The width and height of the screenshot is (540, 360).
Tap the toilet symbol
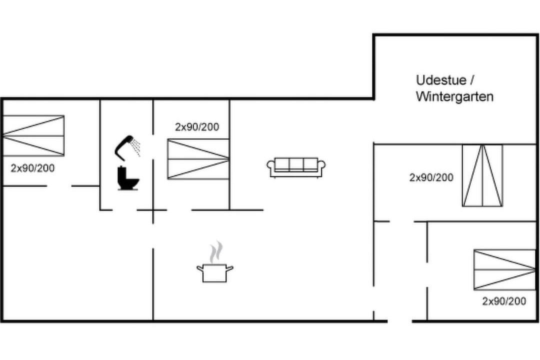point(128,178)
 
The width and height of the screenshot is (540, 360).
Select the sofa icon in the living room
point(296,167)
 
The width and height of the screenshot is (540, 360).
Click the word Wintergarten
point(454,96)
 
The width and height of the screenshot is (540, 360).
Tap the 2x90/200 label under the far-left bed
point(32,168)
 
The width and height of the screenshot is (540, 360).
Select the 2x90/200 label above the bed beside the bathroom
point(197,127)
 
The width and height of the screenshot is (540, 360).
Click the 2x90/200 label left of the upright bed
point(431,177)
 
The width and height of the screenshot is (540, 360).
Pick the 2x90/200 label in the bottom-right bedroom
point(504,301)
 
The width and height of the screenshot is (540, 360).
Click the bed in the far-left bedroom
point(33,135)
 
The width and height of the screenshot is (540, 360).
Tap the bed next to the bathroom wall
point(198,159)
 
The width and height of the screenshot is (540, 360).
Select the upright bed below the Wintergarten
point(482,175)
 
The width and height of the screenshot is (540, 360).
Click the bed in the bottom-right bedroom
point(505,269)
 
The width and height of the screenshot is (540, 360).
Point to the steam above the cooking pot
point(216,252)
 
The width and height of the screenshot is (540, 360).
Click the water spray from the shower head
point(136,147)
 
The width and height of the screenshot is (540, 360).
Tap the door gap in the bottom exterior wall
point(399,321)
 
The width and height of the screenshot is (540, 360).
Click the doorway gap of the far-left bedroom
point(59,186)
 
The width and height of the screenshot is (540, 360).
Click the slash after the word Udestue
point(472,80)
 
